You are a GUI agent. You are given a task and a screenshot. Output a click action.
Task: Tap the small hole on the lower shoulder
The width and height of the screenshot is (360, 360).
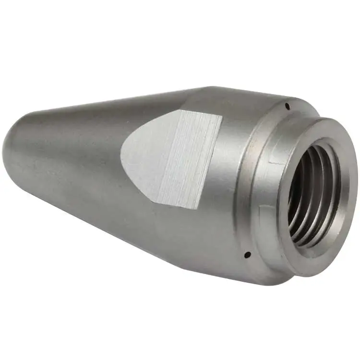(x=246, y=254)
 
